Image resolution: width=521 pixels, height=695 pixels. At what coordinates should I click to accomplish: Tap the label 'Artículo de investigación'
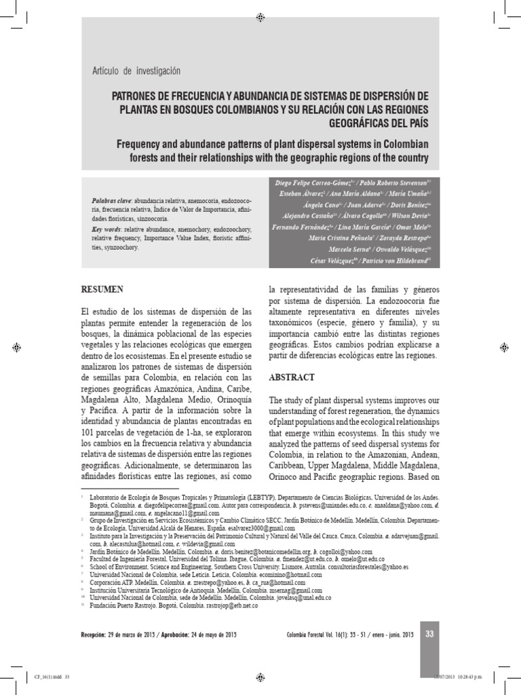136,71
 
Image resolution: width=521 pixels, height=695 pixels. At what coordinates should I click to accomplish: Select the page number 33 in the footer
429,634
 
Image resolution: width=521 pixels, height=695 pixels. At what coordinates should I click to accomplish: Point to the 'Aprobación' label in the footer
185,635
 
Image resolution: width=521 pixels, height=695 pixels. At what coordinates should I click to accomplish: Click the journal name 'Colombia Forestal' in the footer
311,635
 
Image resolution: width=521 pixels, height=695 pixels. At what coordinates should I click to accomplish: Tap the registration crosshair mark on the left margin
16,347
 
